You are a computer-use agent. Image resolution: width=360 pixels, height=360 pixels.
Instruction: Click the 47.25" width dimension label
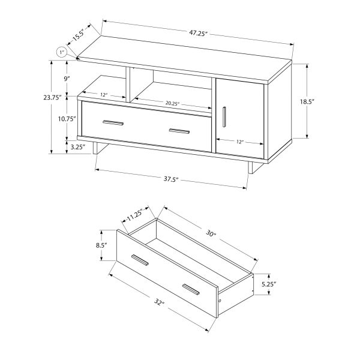tap(195, 34)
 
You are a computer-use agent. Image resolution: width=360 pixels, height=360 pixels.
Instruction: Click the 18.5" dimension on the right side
tap(323, 101)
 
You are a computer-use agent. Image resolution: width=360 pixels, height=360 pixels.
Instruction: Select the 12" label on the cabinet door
tap(239, 142)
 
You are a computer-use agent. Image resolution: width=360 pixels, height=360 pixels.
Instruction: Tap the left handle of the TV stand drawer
tap(113, 123)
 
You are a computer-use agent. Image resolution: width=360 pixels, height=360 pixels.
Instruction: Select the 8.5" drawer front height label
tap(101, 245)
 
